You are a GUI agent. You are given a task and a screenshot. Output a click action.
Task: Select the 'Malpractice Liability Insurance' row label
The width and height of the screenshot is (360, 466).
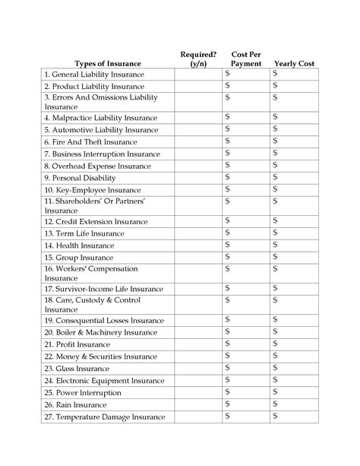tap(100, 119)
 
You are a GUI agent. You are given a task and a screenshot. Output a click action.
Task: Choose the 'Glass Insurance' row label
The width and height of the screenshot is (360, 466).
tap(77, 368)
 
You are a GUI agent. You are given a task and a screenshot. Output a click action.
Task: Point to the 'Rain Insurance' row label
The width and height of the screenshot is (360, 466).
tap(76, 404)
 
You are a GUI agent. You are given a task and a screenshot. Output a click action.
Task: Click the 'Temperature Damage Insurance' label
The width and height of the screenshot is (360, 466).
tap(104, 417)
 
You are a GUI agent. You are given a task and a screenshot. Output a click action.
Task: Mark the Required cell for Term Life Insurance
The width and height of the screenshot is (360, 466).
tap(198, 233)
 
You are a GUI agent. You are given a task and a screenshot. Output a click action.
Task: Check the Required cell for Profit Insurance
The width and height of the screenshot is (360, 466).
tap(198, 344)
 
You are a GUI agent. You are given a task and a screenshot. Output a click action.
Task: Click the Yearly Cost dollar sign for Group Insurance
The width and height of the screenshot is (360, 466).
tap(276, 257)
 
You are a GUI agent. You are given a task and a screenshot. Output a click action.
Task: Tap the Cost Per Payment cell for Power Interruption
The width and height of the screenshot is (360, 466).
tap(245, 392)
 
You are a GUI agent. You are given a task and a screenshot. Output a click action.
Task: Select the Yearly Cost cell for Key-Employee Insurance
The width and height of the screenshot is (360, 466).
tap(294, 189)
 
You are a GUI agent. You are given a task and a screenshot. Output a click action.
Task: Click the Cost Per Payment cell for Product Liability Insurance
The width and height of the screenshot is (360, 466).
tap(245, 87)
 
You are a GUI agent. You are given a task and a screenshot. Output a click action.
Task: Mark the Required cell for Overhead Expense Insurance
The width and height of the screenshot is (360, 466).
tap(198, 166)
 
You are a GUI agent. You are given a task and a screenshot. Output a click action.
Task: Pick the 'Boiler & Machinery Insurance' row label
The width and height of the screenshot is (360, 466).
tap(100, 332)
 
